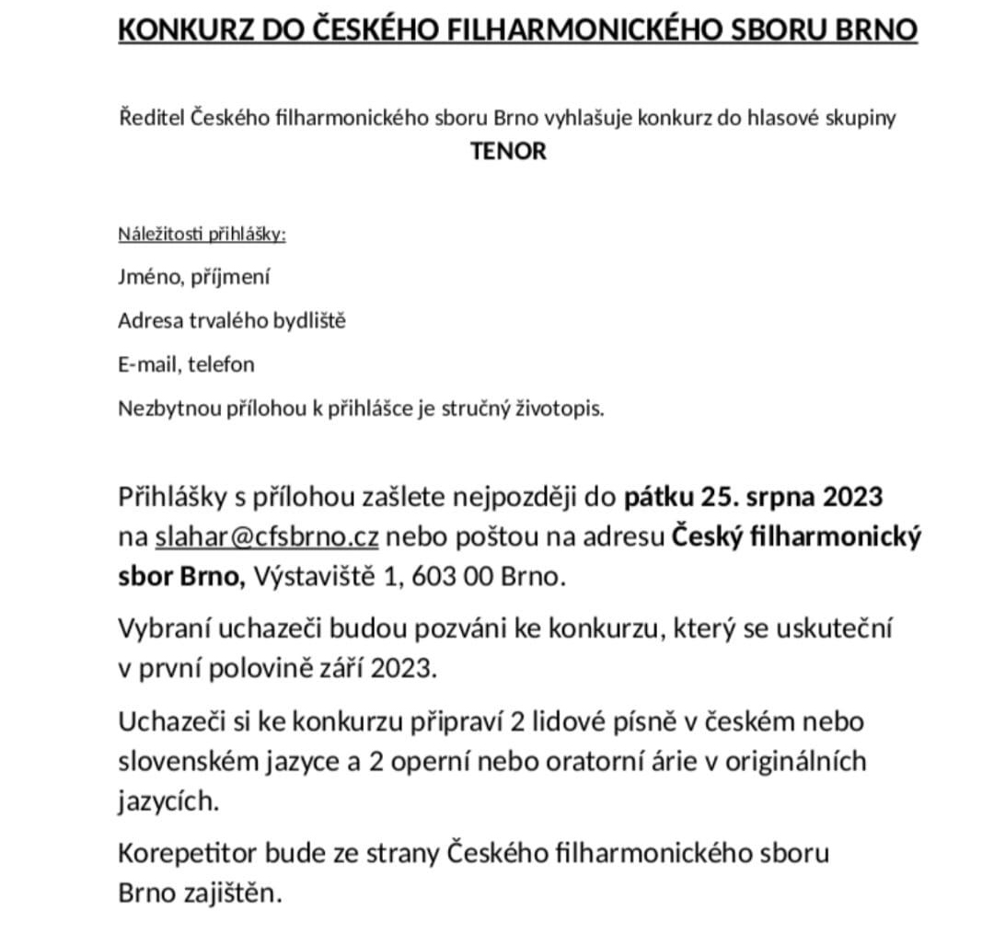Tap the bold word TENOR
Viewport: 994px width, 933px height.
(508, 151)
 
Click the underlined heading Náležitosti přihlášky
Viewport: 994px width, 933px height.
(202, 234)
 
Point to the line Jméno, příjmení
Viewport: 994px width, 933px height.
(193, 277)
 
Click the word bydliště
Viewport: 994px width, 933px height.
(309, 321)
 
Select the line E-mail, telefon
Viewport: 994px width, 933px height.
(186, 364)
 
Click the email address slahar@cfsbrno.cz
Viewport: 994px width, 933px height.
(266, 537)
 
